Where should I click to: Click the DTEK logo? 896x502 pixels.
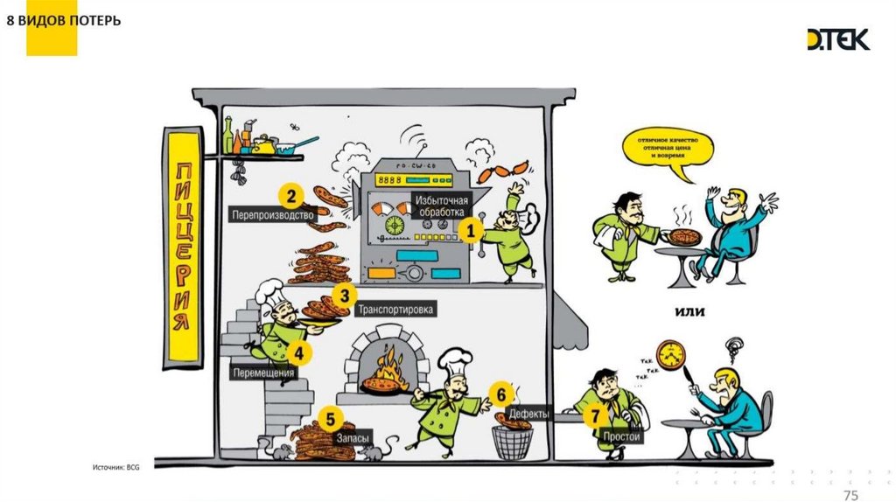[x=837, y=39]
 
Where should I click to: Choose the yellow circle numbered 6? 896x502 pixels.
[x=500, y=394]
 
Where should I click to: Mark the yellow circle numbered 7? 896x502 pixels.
[x=596, y=416]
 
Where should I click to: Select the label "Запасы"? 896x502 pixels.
[x=352, y=437]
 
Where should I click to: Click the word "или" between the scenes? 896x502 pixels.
[x=691, y=311]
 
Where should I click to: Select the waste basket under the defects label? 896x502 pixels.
[x=512, y=443]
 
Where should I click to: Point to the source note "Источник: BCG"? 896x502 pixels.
[x=116, y=468]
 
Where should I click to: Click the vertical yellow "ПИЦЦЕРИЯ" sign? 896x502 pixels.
[x=179, y=249]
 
